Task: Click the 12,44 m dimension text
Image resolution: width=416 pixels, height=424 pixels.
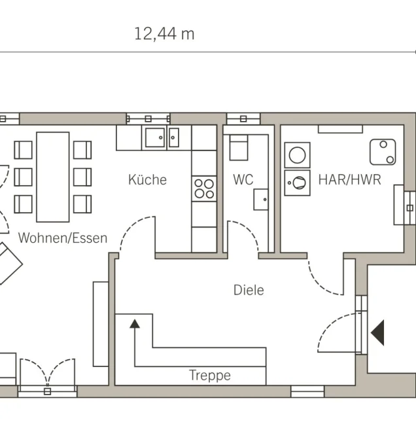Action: (x=164, y=34)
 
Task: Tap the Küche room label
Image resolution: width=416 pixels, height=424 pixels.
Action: (x=147, y=179)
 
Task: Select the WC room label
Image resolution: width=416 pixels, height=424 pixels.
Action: (x=243, y=179)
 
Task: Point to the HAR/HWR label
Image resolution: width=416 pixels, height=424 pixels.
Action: (x=350, y=179)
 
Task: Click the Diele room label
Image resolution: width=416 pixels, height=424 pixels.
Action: (x=249, y=290)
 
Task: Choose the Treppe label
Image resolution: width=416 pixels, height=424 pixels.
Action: (x=210, y=376)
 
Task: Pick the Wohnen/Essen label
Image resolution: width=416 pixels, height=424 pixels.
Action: (x=63, y=238)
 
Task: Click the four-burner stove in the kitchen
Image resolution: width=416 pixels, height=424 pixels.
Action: (x=204, y=188)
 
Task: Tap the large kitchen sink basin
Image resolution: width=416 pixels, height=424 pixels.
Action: (x=155, y=137)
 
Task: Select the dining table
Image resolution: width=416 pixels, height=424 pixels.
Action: (x=53, y=177)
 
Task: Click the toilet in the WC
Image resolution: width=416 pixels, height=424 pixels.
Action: (x=239, y=148)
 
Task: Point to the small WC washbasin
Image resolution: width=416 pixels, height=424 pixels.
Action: (x=261, y=200)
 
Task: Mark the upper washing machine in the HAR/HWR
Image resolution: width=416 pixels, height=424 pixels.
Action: (x=298, y=155)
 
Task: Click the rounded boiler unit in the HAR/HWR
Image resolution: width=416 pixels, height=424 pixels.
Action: (x=383, y=152)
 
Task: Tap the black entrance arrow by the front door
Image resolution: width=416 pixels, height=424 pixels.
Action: (x=377, y=332)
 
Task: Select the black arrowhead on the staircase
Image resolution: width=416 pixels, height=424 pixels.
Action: (x=135, y=324)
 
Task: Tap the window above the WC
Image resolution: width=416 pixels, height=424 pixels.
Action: (x=243, y=118)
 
